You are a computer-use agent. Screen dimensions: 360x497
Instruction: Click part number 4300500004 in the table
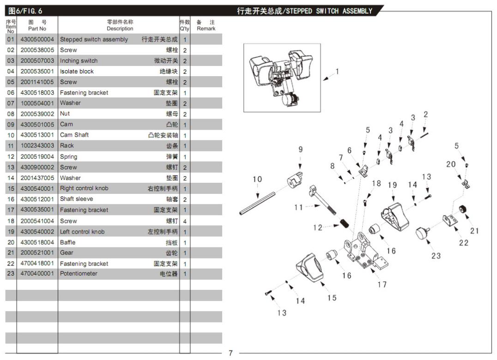point(37,40)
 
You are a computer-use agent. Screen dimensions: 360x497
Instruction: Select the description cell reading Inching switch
point(79,61)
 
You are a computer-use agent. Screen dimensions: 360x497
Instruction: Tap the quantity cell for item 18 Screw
point(185,221)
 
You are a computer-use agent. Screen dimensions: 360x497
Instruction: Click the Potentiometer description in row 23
point(79,274)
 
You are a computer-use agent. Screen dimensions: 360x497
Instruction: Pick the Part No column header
point(37,25)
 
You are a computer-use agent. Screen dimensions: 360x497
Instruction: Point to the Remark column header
point(206,25)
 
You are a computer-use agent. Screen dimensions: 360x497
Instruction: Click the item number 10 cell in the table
point(11,135)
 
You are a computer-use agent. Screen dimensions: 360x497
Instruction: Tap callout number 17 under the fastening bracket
point(382,284)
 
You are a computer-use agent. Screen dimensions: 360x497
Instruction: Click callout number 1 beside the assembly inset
point(338,72)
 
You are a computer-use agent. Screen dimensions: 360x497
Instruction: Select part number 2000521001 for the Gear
point(37,253)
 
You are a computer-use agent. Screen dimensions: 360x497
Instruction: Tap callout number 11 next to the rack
point(299,207)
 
